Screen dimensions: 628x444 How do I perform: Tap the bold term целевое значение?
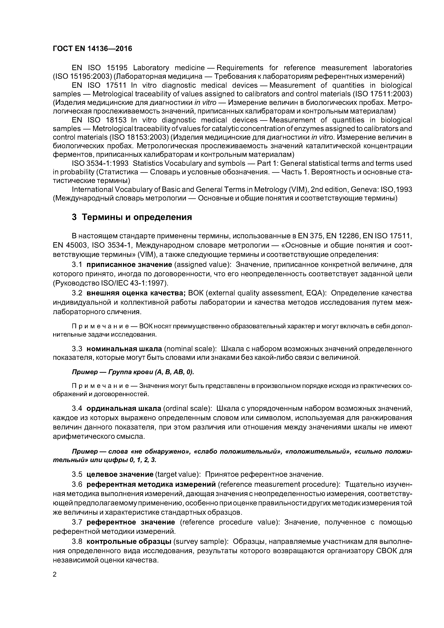[x=120, y=474]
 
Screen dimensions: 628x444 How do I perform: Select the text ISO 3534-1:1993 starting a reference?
[x=100, y=164]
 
